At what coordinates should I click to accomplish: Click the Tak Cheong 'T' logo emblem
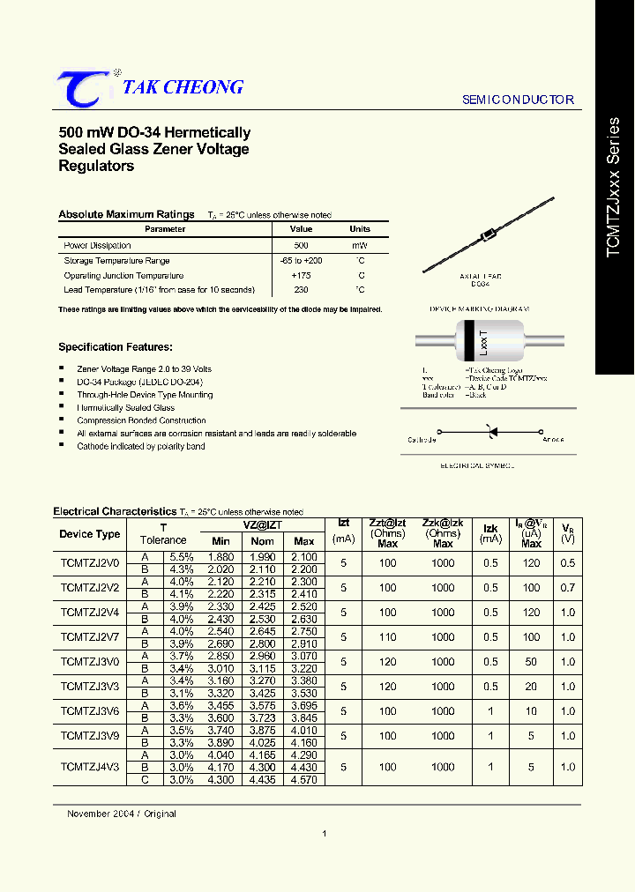[x=84, y=88]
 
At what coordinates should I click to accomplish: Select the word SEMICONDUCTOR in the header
[x=518, y=100]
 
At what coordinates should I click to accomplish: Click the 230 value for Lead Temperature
[x=301, y=290]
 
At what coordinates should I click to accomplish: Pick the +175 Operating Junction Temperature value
[x=301, y=275]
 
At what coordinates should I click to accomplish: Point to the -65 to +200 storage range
[x=301, y=261]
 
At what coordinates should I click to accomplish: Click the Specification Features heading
[x=116, y=347]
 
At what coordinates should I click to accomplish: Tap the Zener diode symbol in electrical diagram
[x=491, y=431]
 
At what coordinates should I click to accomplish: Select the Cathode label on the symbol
[x=422, y=440]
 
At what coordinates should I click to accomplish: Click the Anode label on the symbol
[x=553, y=440]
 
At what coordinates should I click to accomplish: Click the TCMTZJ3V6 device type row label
[x=90, y=711]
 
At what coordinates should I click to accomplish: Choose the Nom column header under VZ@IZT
[x=262, y=541]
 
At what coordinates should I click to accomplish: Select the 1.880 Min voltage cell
[x=220, y=557]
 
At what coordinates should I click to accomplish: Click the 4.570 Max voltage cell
[x=303, y=779]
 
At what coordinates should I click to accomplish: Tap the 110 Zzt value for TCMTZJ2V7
[x=387, y=637]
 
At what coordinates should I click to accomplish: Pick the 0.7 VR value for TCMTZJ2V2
[x=568, y=587]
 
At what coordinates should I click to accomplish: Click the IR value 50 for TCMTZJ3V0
[x=531, y=662]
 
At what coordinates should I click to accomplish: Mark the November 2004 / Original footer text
[x=122, y=814]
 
